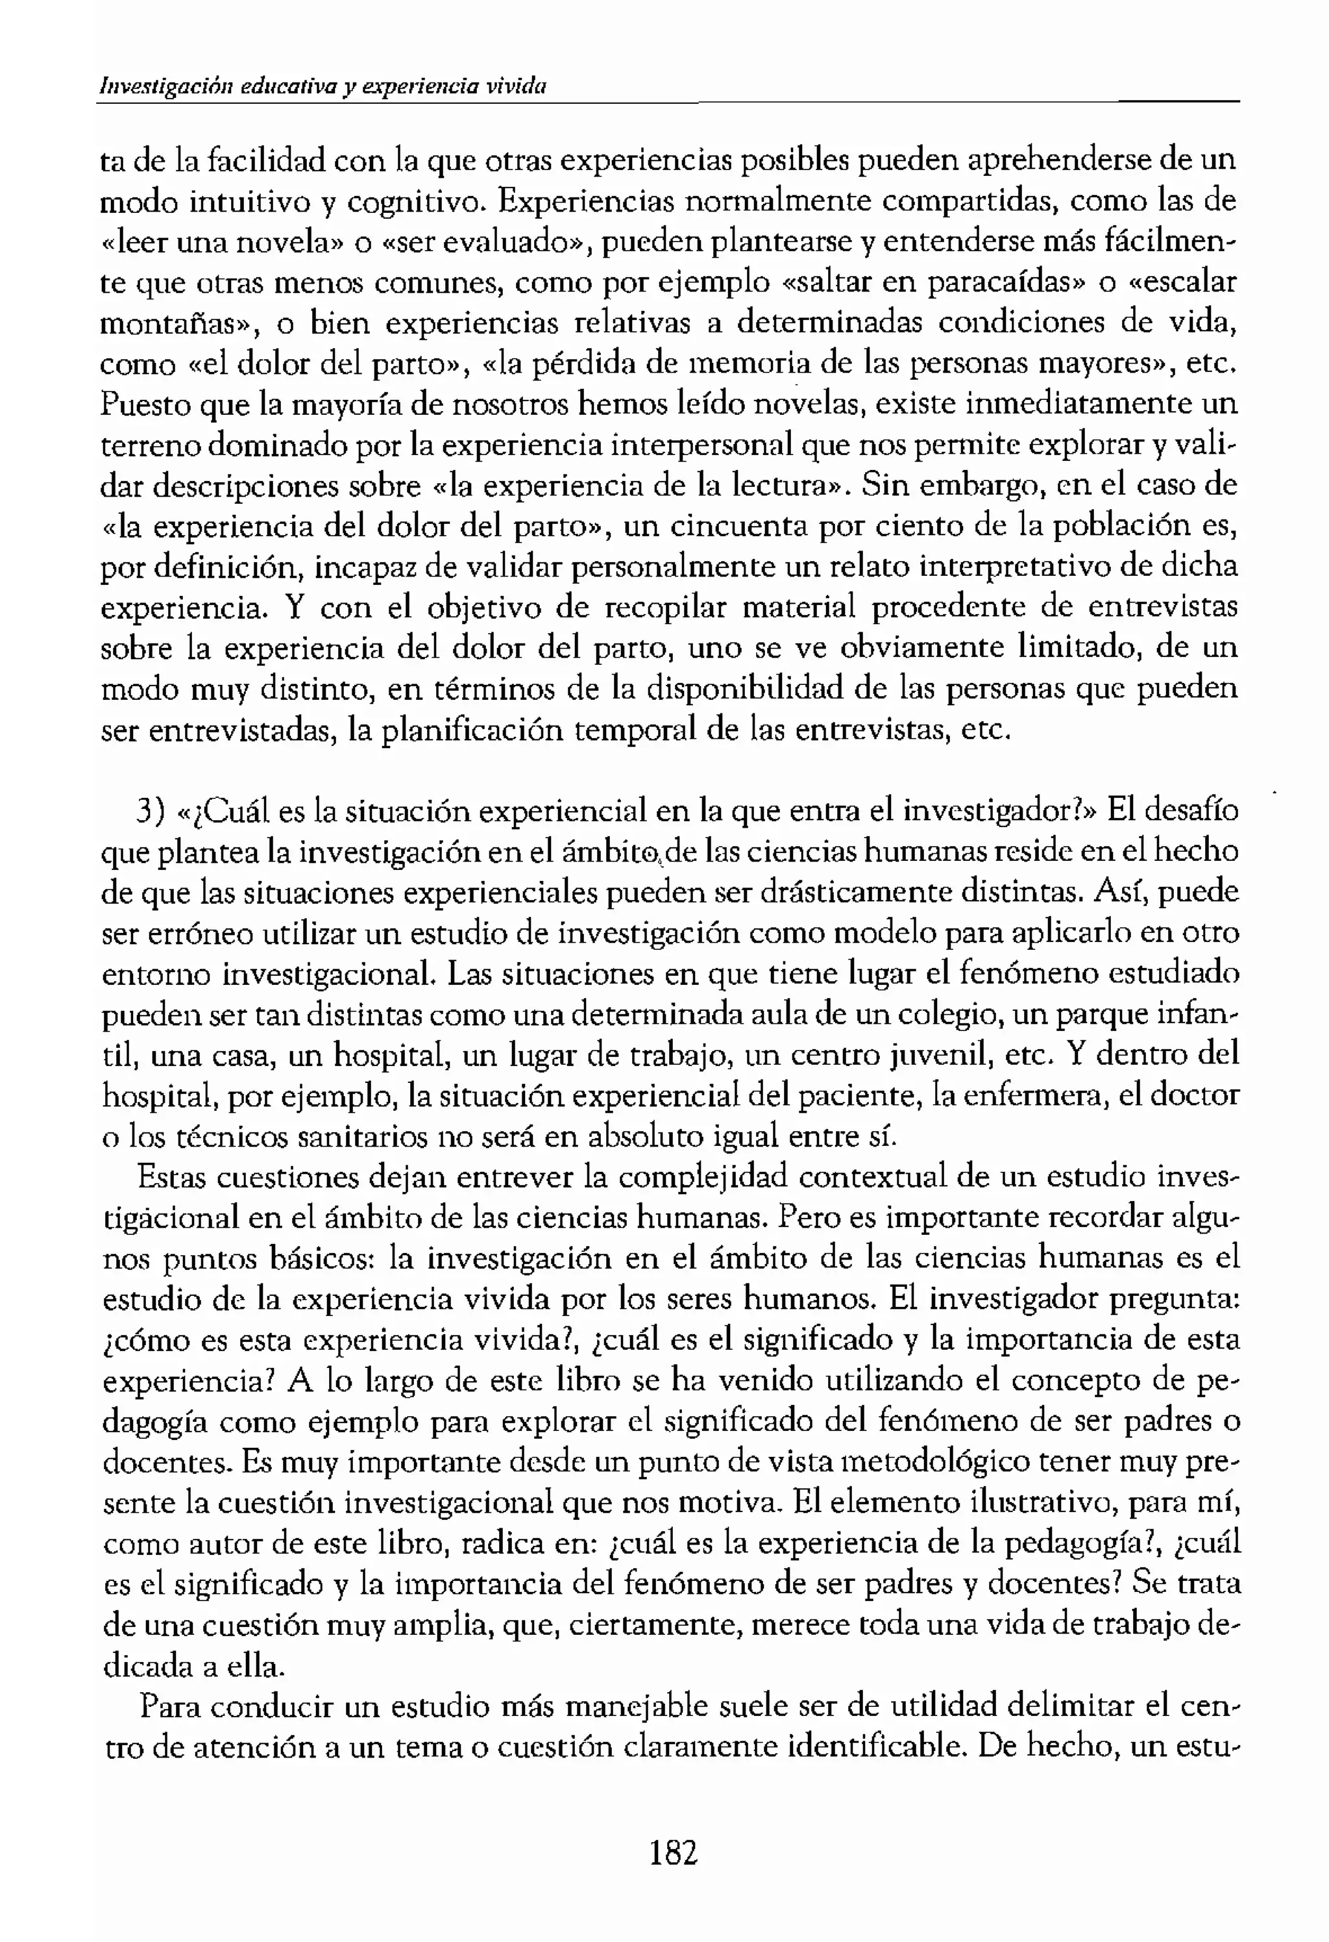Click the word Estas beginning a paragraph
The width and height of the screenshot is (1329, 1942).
pos(171,1176)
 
